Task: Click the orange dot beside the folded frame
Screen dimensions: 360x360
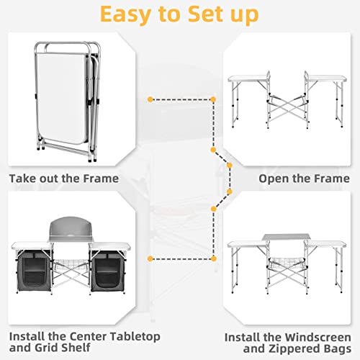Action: (149, 97)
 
